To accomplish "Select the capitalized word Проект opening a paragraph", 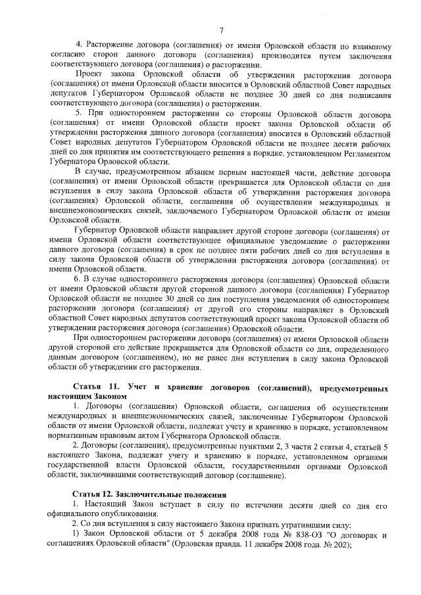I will pyautogui.click(x=86, y=76).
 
